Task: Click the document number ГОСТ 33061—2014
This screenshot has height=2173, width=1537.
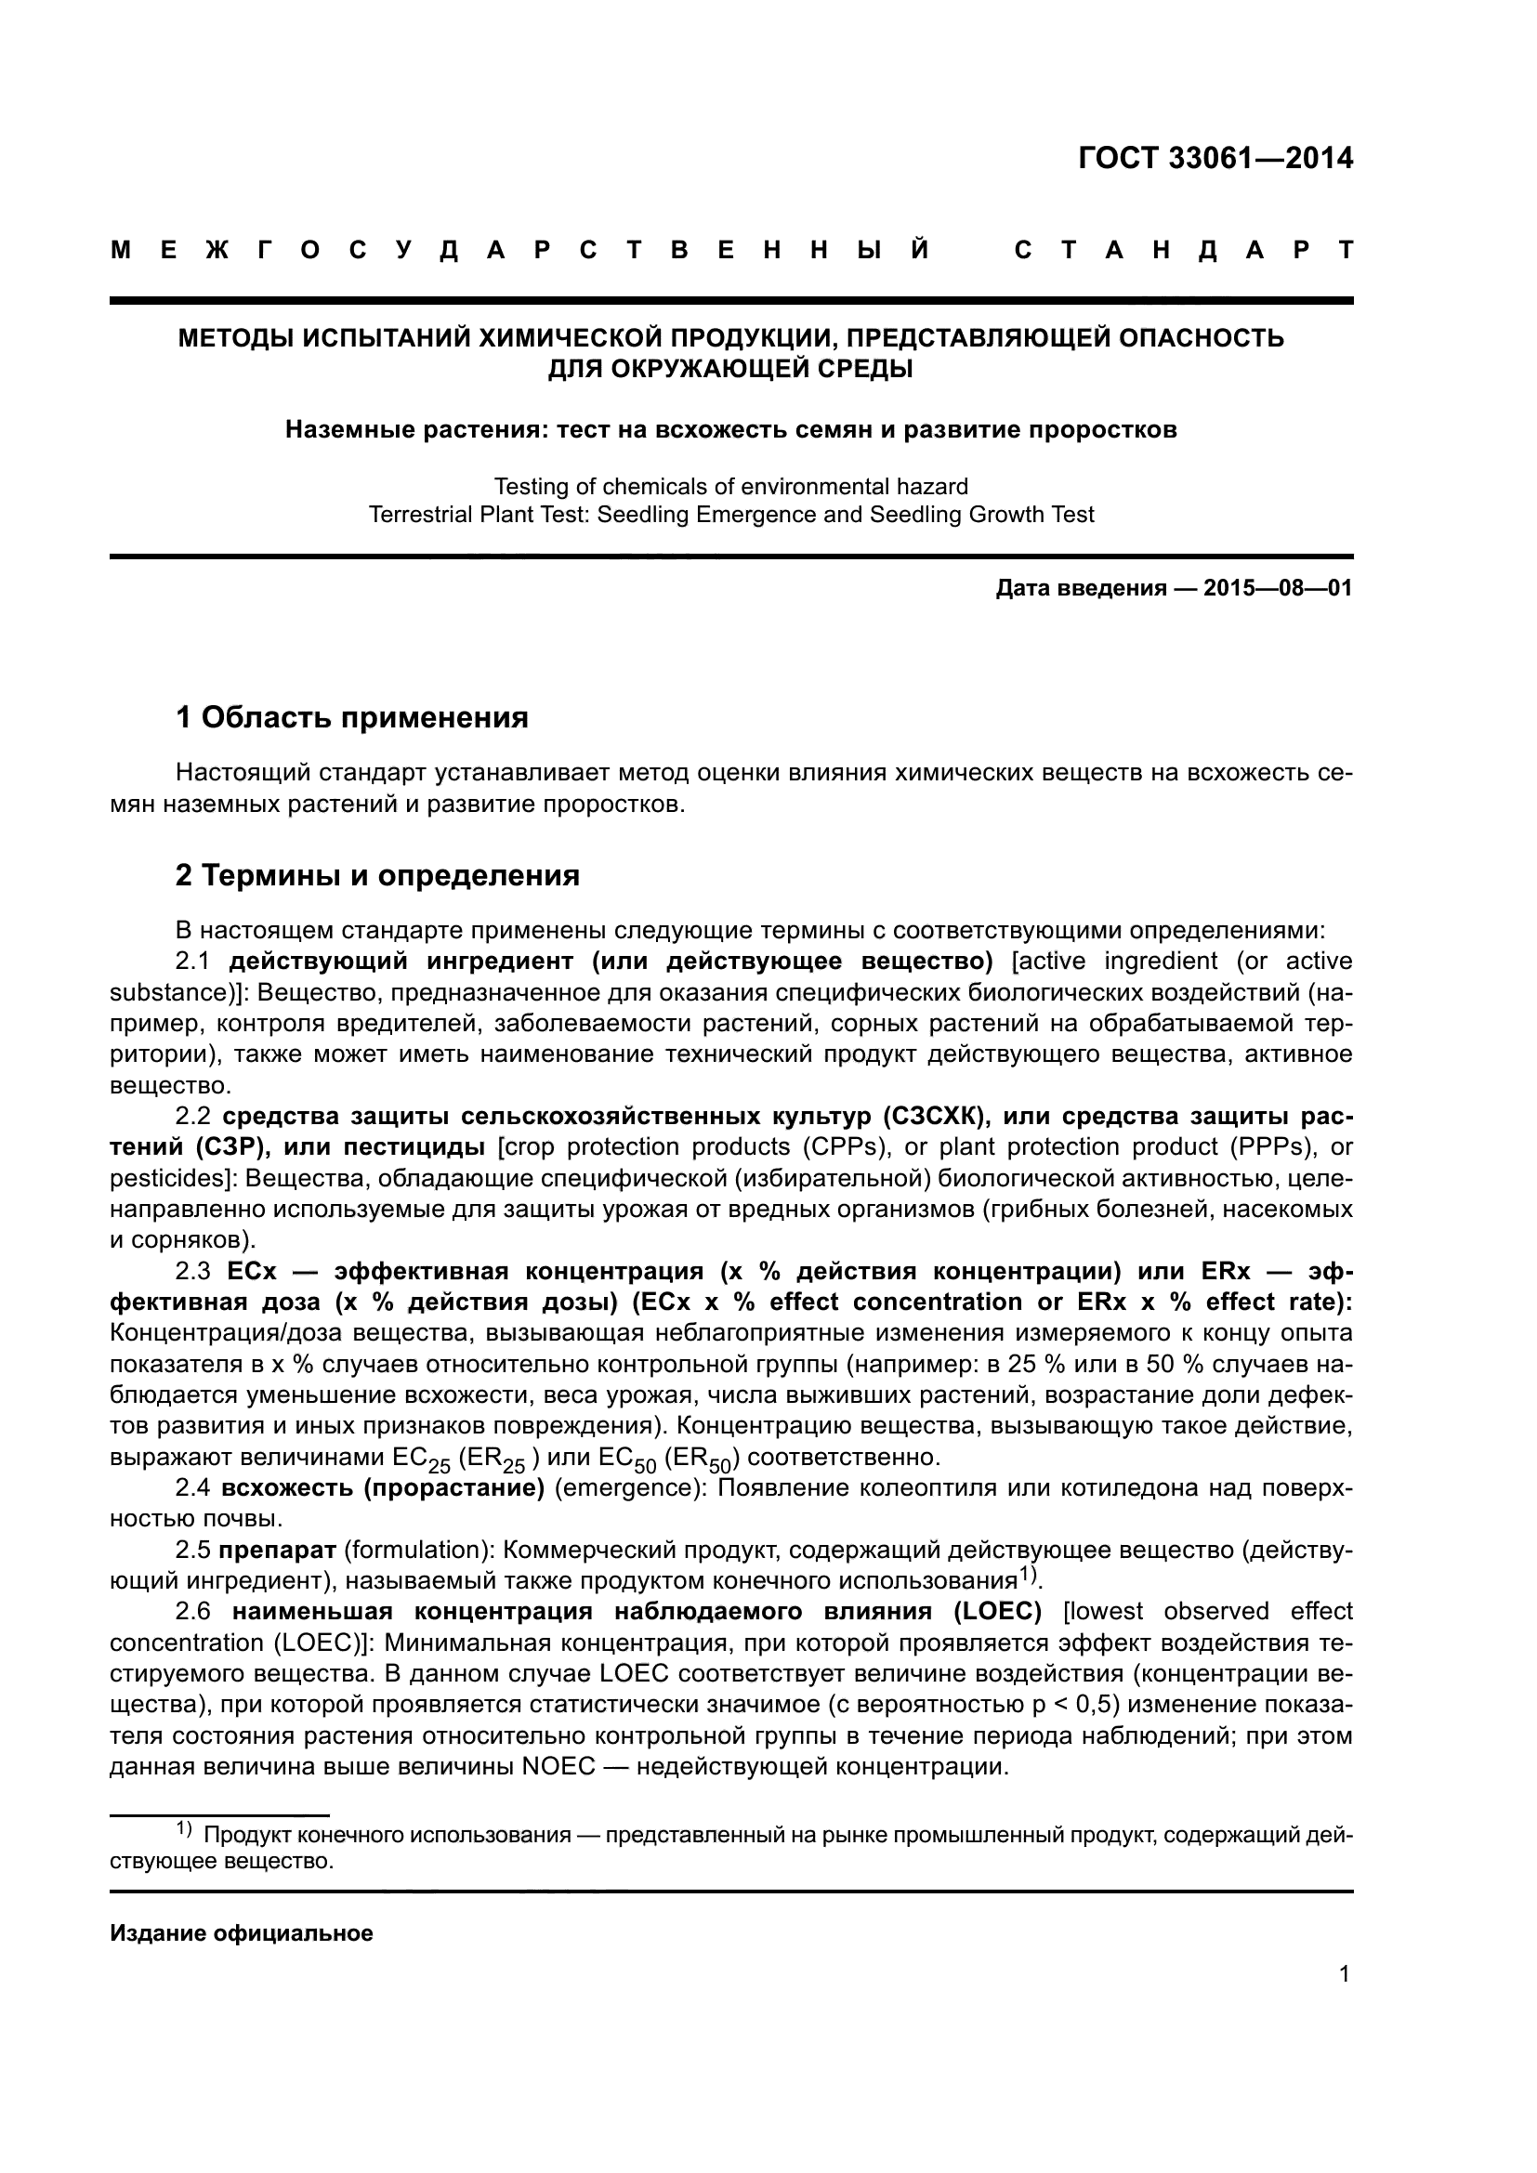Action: [x=1215, y=158]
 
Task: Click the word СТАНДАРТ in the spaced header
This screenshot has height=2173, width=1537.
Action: [x=1183, y=251]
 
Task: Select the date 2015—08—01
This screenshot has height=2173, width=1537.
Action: [x=1278, y=589]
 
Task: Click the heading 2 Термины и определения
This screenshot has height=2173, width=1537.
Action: [x=376, y=875]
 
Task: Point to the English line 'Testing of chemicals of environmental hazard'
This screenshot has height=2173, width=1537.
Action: [x=730, y=487]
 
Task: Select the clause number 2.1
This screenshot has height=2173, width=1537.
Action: [x=192, y=962]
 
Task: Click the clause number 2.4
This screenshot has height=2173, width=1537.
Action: [x=192, y=1488]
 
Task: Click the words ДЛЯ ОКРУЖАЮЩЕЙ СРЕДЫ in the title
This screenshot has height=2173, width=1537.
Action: [x=730, y=368]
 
